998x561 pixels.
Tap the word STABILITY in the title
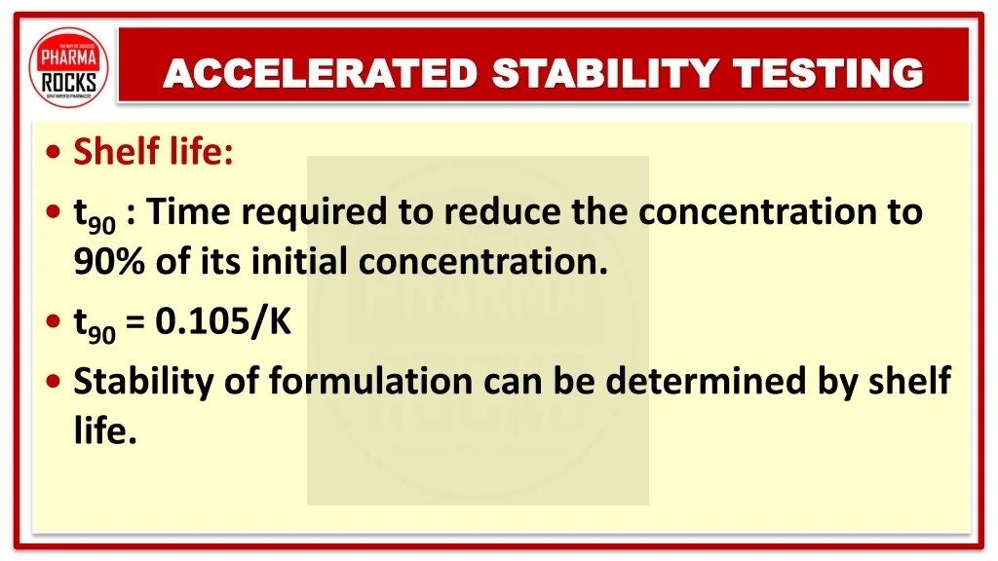pos(604,73)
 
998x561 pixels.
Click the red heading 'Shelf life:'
pos(154,152)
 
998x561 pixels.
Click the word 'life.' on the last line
pos(104,430)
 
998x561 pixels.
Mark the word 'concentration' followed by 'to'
pos(767,211)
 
